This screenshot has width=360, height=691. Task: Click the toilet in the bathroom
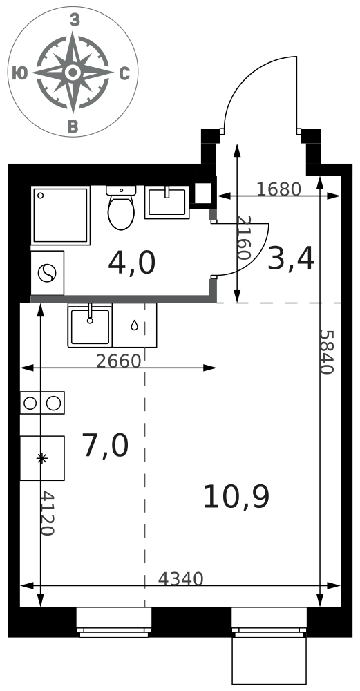coord(121,207)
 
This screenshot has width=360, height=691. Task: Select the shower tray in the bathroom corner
coord(60,215)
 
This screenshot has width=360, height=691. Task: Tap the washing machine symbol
coord(47,273)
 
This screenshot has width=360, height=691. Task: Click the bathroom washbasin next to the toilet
coord(167,202)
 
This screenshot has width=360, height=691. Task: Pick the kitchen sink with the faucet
coord(90,325)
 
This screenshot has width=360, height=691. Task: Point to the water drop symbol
coord(134,325)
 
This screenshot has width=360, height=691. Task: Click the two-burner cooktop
coord(42,403)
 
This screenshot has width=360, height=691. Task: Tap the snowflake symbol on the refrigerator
coord(42,459)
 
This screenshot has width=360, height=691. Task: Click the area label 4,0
coord(132,263)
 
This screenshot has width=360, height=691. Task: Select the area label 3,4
coord(291,259)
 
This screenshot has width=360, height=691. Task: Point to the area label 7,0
coord(105,446)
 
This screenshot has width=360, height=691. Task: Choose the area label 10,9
coord(236,497)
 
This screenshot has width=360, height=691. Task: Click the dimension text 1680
coord(278,189)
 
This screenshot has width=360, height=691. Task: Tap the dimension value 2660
coord(118,361)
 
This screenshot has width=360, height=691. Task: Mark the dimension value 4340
coord(180,579)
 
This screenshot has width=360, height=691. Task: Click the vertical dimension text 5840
coord(327,352)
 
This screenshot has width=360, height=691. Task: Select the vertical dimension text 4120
coord(47,513)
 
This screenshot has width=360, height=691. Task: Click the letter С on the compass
coord(124,74)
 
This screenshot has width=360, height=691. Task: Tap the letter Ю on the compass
coord(20,73)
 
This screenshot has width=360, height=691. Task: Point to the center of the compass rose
coord(73,72)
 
